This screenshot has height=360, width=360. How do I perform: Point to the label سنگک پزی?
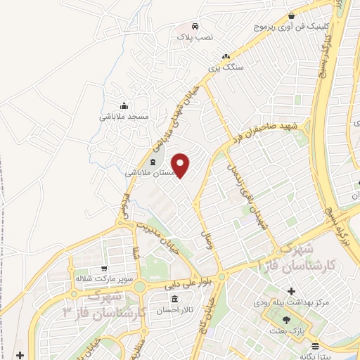[x=226, y=68]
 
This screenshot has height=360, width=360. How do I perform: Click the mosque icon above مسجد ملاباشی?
[x=124, y=104]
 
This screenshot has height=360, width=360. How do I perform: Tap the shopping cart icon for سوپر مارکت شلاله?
[x=103, y=268]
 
